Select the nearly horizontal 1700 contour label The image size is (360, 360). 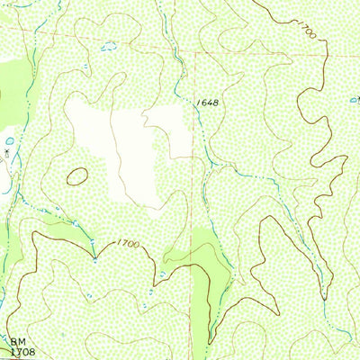pos(129,244)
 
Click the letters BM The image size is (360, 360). pos(19,341)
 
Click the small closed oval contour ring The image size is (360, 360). pos(78,176)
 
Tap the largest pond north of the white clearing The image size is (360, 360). pos(109,47)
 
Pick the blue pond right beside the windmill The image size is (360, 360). pos(9,141)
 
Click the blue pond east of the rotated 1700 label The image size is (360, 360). pos(354,100)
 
